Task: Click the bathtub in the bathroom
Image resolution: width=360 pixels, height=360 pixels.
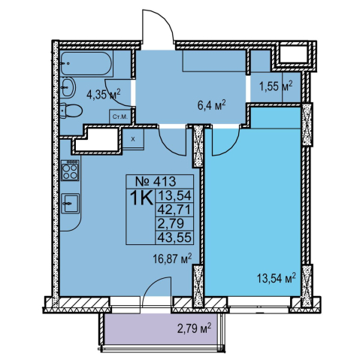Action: pyautogui.click(x=86, y=63)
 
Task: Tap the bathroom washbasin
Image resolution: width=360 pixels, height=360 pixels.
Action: pyautogui.click(x=68, y=87)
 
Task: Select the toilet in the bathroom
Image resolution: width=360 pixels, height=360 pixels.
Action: pyautogui.click(x=71, y=110)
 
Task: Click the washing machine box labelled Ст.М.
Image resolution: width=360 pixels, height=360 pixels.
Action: pyautogui.click(x=120, y=116)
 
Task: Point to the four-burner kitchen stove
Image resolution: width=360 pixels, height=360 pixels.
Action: pyautogui.click(x=70, y=171)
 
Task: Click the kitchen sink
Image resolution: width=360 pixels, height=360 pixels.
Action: pyautogui.click(x=71, y=203)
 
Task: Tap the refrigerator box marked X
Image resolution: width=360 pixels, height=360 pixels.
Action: pyautogui.click(x=133, y=139)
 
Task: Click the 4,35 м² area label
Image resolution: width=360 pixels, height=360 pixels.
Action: pyautogui.click(x=104, y=94)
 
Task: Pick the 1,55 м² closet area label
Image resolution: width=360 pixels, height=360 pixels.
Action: pyautogui.click(x=276, y=86)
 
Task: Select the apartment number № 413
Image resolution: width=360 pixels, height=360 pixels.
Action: pyautogui.click(x=156, y=181)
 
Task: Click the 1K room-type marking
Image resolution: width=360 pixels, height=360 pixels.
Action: pyautogui.click(x=141, y=198)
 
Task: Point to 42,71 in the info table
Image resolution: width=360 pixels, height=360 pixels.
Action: pyautogui.click(x=174, y=210)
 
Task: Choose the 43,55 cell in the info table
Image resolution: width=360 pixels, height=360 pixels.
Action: pyautogui.click(x=174, y=237)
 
